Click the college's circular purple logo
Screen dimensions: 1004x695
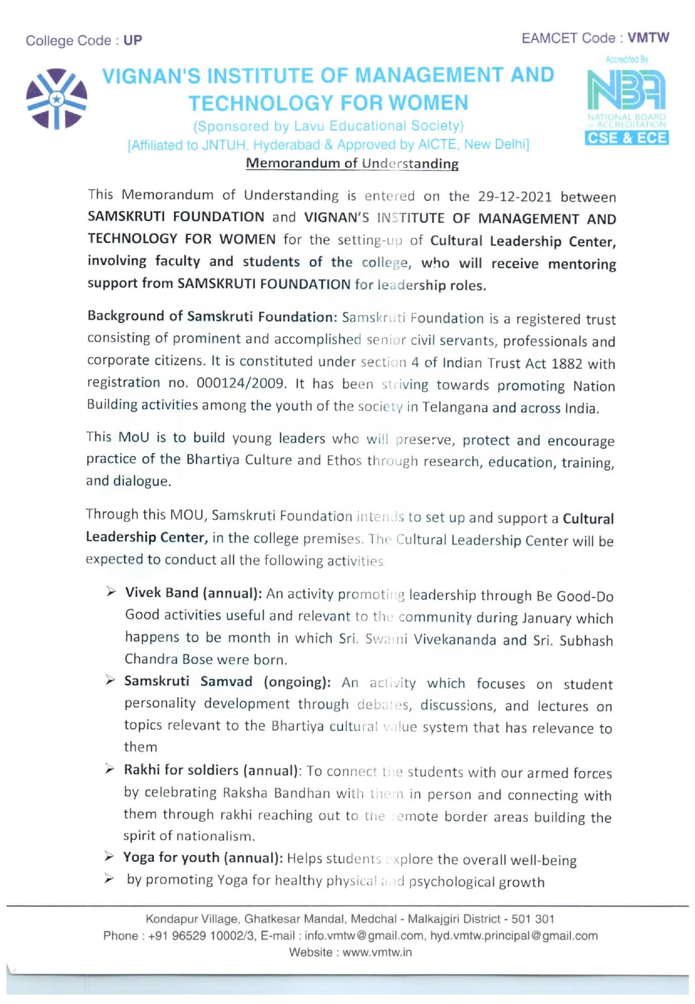point(56,98)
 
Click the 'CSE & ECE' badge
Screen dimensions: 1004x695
point(626,138)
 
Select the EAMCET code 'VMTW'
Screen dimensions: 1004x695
point(648,38)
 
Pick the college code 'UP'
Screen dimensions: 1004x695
point(133,40)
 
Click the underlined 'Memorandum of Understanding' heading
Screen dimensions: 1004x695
point(352,163)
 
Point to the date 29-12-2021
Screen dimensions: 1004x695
point(515,197)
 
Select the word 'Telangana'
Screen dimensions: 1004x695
point(455,407)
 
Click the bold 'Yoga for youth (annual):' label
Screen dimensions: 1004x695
point(203,858)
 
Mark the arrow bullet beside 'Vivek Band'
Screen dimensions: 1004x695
point(111,592)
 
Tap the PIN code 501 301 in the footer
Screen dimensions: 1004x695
point(532,919)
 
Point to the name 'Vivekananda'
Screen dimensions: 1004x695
point(454,640)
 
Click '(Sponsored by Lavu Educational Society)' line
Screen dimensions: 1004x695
point(328,126)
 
